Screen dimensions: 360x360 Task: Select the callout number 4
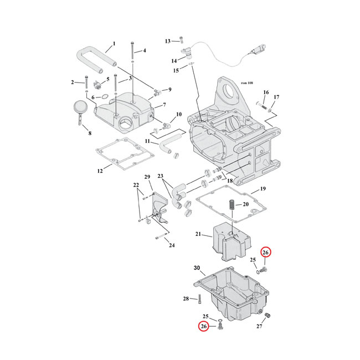[x=144, y=51]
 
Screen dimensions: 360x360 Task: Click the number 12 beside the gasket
[x=100, y=171]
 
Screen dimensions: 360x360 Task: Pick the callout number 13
[x=168, y=41]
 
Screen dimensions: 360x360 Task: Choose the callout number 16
[x=265, y=92]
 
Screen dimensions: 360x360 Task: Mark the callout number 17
[x=276, y=97]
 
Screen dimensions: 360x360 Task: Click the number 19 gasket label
[x=263, y=189]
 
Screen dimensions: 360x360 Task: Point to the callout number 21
[x=198, y=234]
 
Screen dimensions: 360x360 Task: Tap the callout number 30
[x=196, y=268]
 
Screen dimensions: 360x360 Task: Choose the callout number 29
[x=148, y=177]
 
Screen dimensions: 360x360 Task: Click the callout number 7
[x=164, y=105]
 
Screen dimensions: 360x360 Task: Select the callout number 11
[x=148, y=141]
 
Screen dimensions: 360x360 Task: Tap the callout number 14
[x=174, y=60]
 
